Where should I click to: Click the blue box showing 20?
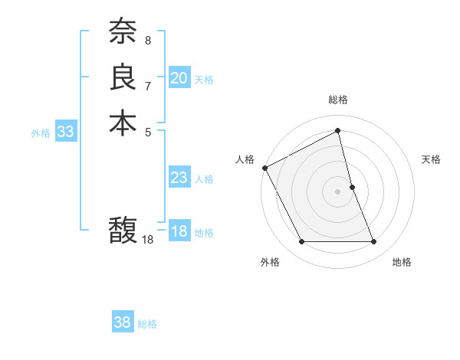(x=179, y=78)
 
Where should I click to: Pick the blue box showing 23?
(x=179, y=178)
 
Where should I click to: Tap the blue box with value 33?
(x=66, y=132)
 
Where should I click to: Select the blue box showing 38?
(x=123, y=322)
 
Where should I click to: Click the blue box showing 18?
(x=179, y=232)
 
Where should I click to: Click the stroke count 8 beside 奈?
(x=148, y=38)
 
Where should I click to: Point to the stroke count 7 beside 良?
(x=148, y=84)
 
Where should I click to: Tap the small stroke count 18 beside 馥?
(x=148, y=240)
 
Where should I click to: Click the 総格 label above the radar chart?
(x=338, y=100)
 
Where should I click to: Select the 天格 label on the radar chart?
(x=432, y=159)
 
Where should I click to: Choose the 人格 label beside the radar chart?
(x=245, y=159)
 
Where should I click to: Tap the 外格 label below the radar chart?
(x=270, y=263)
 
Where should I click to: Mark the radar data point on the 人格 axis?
(x=265, y=168)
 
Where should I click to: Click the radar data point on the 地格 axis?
(x=374, y=242)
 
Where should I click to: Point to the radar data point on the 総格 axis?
(x=338, y=131)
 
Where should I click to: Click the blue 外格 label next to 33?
(x=41, y=133)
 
